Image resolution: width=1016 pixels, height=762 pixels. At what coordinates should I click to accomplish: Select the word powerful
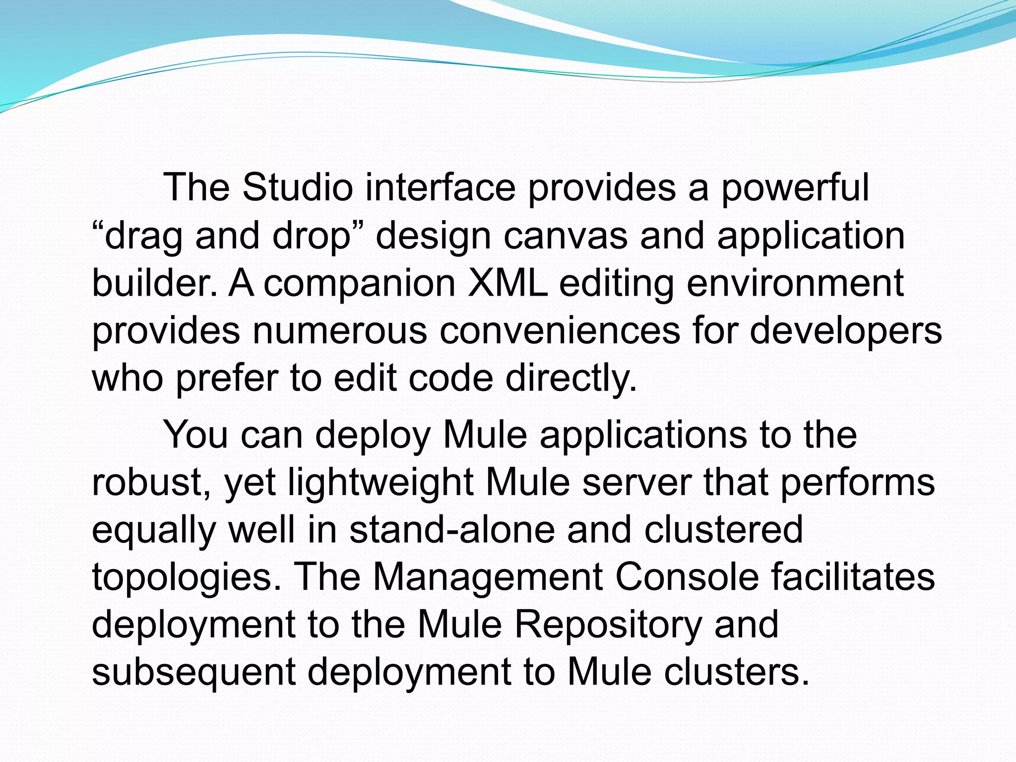[795, 189]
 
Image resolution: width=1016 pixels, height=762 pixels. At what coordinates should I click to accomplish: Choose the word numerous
[340, 330]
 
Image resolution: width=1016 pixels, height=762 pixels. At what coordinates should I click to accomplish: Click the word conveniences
[560, 330]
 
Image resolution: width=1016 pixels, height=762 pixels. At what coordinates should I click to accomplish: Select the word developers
[845, 331]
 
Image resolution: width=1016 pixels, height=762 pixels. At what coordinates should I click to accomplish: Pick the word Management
[488, 577]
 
